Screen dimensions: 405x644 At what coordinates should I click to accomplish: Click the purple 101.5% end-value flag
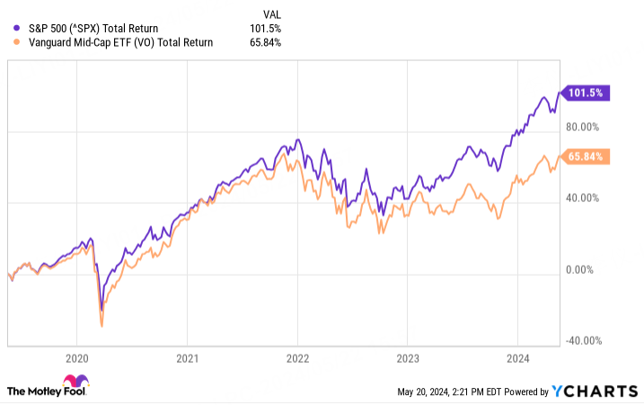[x=586, y=92]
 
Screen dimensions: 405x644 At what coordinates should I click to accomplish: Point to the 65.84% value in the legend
[x=267, y=42]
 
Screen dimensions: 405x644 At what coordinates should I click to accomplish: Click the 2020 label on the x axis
[x=76, y=356]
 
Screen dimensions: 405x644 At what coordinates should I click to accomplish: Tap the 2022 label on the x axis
[x=297, y=356]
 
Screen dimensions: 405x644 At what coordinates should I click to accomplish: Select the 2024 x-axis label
[x=517, y=356]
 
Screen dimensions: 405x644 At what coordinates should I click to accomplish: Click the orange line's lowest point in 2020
[x=101, y=325]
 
